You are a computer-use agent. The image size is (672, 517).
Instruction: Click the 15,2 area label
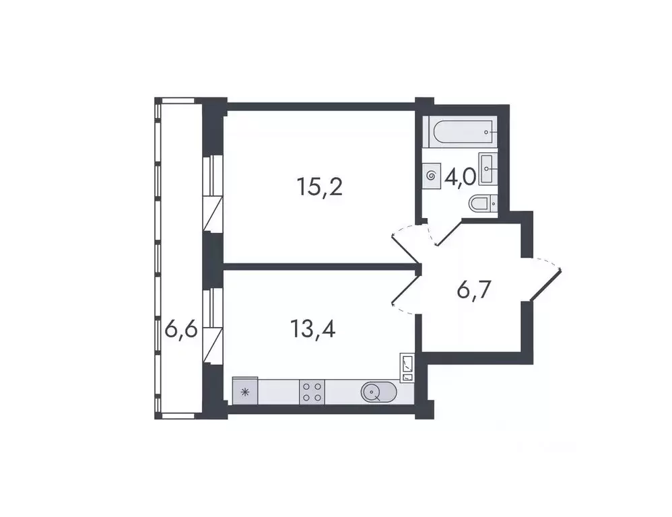tap(320, 186)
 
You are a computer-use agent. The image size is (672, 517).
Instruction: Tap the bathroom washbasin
tap(488, 164)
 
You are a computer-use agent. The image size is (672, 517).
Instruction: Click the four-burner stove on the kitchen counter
tap(312, 391)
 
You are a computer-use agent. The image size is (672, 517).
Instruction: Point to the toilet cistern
tap(494, 202)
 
